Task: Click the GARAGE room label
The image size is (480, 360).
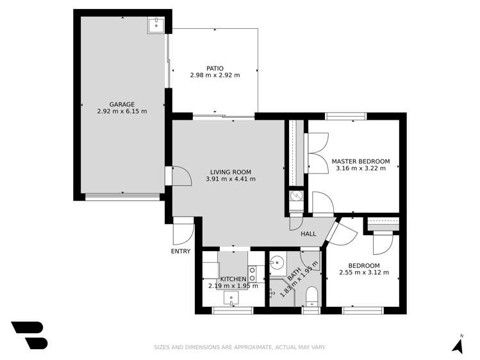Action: coord(122,104)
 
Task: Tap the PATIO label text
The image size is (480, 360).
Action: coord(215,68)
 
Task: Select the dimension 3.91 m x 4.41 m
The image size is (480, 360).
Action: coord(231,179)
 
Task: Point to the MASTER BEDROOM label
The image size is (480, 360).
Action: coord(360,161)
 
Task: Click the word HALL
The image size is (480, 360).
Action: coord(309,234)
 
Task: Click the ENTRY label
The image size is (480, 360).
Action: coord(181,251)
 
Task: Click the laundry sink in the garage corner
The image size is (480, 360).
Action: coord(156,25)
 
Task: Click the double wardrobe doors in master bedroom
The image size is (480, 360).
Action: coord(317,152)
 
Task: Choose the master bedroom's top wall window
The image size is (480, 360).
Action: coord(345,116)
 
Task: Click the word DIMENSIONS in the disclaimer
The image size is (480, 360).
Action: coord(203,347)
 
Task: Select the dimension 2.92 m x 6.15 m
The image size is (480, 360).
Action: coord(122,111)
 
